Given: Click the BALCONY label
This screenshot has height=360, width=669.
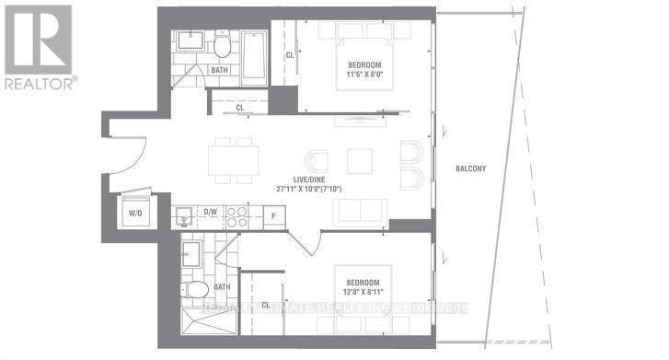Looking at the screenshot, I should coord(470,168).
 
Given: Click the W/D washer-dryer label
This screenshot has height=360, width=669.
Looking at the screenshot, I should coord(134,212).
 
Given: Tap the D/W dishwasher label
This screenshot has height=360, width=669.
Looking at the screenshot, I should coord(210,212).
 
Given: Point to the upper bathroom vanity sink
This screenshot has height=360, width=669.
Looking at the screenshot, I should coord(193,41).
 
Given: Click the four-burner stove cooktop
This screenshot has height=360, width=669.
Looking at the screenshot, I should coord(236,216).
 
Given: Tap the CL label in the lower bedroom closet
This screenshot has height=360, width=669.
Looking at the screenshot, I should coord(265,303).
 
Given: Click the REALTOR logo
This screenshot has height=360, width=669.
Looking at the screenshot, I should coord(38,45).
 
